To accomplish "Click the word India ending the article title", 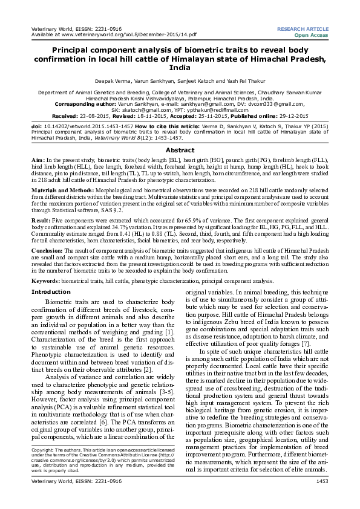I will [180, 68].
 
